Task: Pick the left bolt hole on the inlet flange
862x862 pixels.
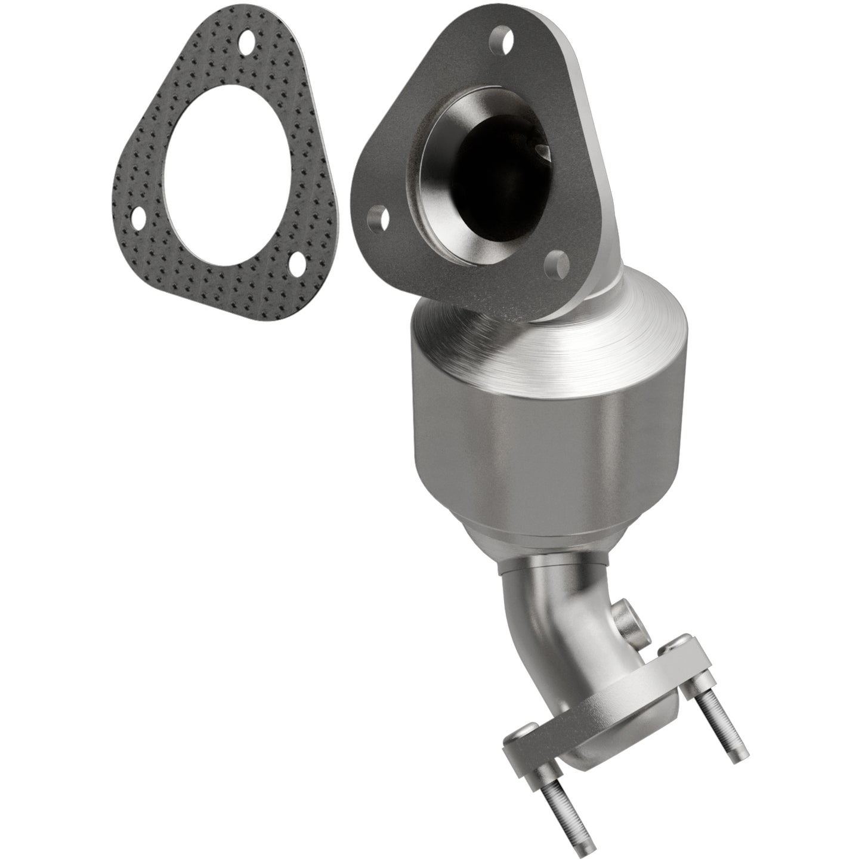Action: tap(377, 215)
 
